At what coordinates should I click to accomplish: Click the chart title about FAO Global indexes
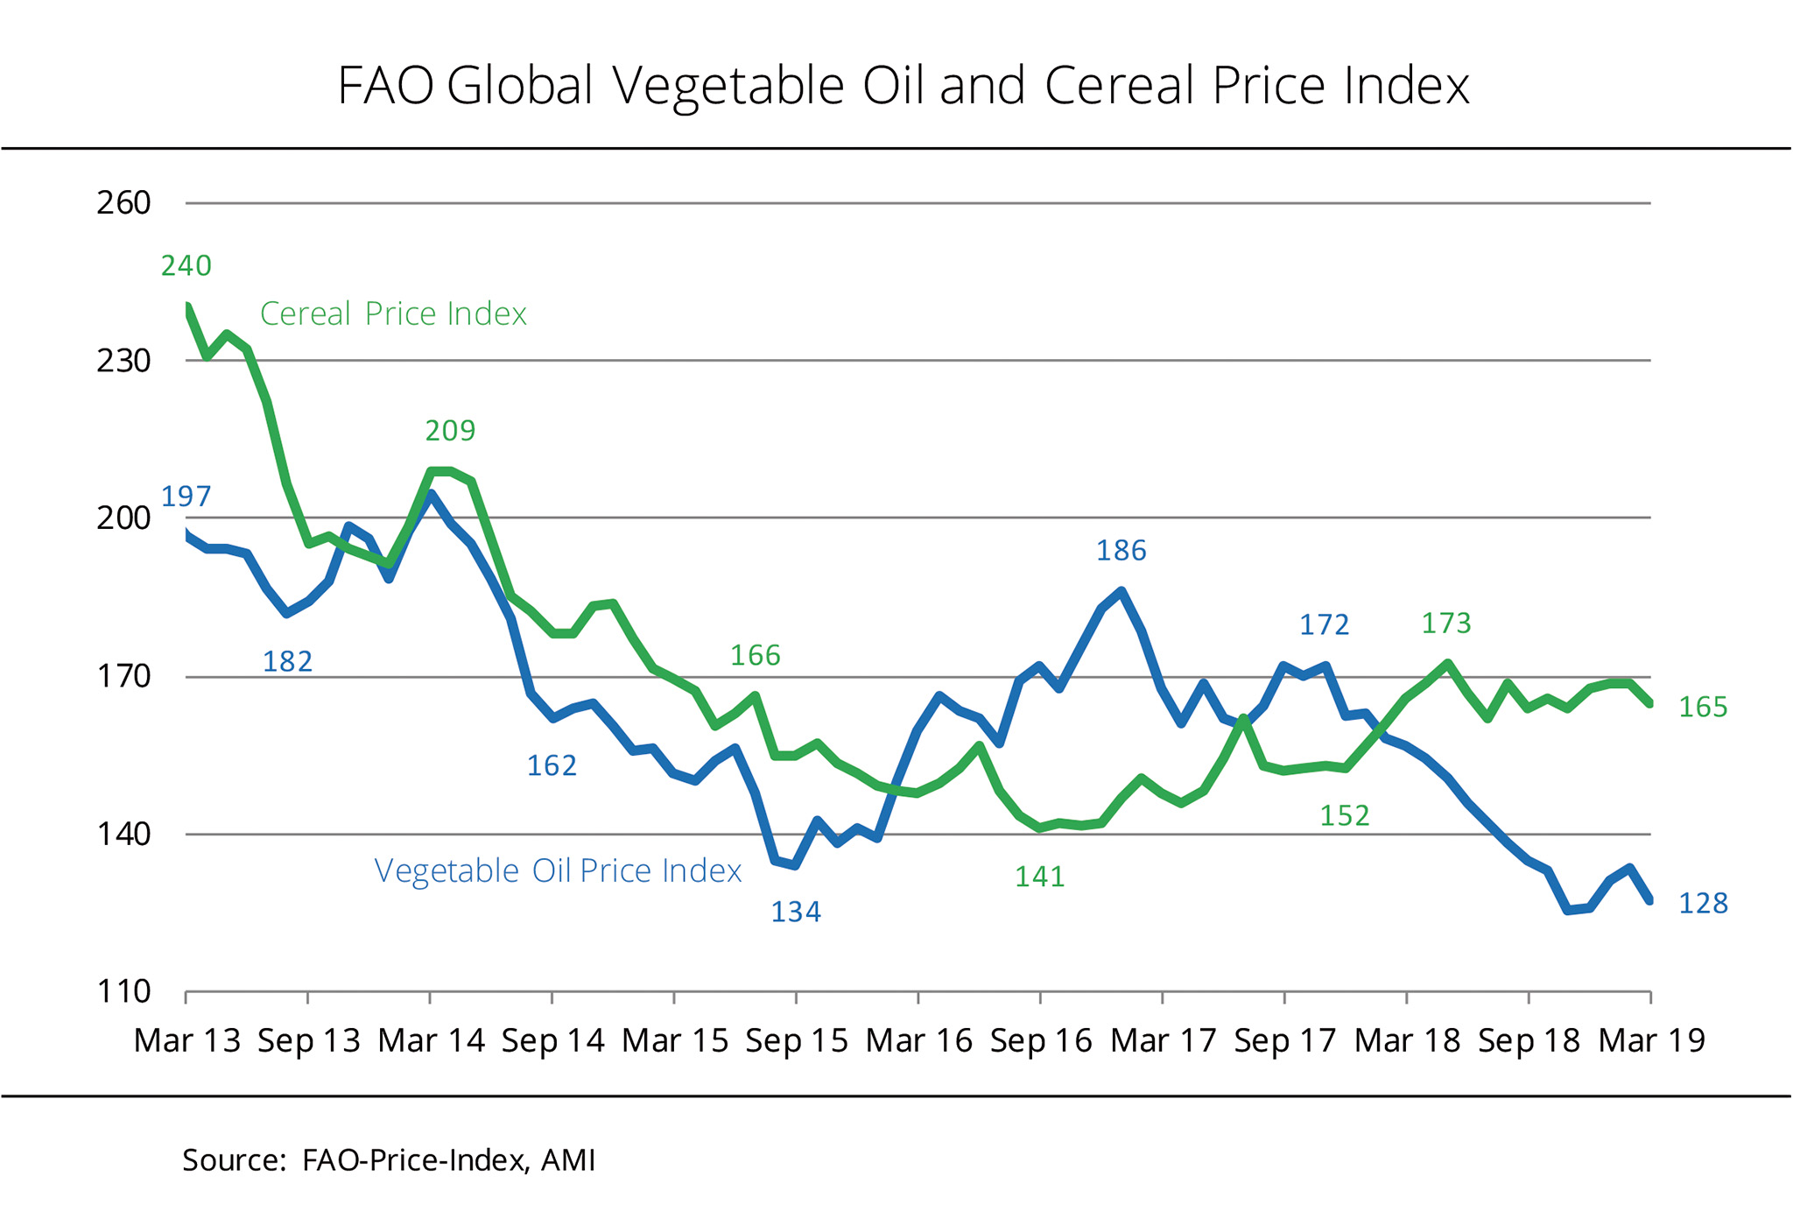[x=903, y=86]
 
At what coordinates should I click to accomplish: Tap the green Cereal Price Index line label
[x=393, y=314]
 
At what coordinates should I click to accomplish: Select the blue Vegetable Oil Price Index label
[x=558, y=870]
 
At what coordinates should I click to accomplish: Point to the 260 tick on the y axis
[x=123, y=203]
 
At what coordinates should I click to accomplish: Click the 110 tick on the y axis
[x=123, y=992]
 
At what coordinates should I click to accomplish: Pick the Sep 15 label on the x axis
[x=797, y=1040]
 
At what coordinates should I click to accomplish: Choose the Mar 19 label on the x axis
[x=1651, y=1040]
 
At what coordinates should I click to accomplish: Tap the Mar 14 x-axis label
[x=431, y=1040]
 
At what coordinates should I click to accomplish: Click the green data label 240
[x=186, y=265]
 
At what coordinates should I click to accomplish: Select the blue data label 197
[x=186, y=497]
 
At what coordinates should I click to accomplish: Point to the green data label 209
[x=450, y=431]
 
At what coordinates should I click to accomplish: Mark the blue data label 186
[x=1122, y=551]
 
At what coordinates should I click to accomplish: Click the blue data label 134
[x=796, y=912]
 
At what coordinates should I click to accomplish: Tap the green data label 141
[x=1040, y=877]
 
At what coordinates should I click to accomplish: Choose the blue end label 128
[x=1703, y=903]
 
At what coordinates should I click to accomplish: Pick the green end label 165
[x=1703, y=707]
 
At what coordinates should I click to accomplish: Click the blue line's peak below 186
[x=1122, y=591]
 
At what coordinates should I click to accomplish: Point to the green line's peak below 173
[x=1447, y=663]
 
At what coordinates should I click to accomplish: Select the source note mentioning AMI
[x=389, y=1160]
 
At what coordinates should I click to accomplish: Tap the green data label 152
[x=1345, y=816]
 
